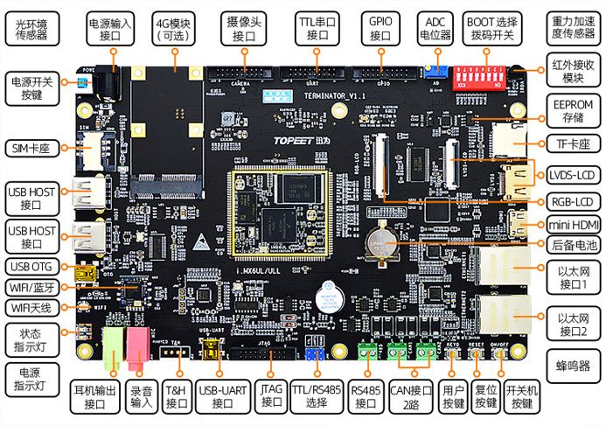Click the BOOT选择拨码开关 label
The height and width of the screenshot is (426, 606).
[x=489, y=29]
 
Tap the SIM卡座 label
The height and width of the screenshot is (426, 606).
[x=31, y=148]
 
